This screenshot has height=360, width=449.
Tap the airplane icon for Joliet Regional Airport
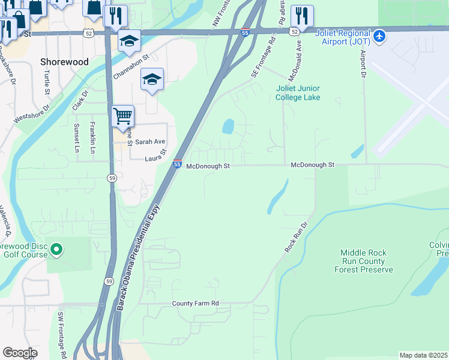point(379,37)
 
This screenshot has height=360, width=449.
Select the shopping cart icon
point(122,115)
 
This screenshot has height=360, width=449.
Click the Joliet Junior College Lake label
point(298,93)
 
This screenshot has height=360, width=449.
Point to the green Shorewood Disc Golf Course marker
point(56,248)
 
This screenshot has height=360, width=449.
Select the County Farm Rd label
point(195,304)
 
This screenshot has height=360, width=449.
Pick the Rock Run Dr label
point(295,237)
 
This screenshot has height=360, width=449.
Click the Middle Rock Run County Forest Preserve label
point(366,262)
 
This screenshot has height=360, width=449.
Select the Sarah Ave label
point(149,142)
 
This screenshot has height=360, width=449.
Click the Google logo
point(19,353)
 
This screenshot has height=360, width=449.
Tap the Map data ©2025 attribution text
point(423,355)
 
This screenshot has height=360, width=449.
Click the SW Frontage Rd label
point(61,336)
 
